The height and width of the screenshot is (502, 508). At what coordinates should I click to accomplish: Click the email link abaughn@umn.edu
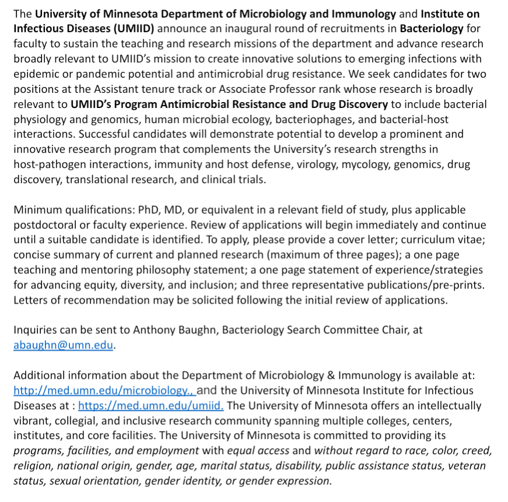click(64, 344)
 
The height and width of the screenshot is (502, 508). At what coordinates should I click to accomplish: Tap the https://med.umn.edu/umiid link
click(150, 405)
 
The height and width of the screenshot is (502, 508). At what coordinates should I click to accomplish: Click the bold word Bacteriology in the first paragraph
click(432, 28)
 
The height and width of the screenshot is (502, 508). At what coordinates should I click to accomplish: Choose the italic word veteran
click(468, 466)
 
